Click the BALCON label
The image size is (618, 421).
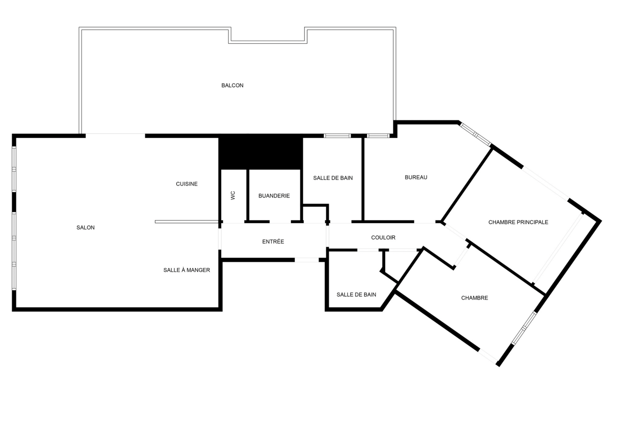pos(232,86)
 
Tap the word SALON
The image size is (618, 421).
pos(86,228)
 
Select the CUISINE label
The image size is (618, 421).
pos(187,184)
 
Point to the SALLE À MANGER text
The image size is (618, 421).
pos(187,270)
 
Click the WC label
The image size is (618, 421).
pos(233,196)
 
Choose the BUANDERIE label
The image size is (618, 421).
pos(274,196)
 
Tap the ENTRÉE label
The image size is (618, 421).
pos(273,242)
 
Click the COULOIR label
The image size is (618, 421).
pos(383,238)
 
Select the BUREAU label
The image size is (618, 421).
pos(416,177)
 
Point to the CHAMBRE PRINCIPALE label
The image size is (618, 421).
pos(518,222)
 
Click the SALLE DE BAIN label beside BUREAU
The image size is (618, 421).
pos(333,178)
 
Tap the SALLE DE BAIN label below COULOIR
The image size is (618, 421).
pos(356,295)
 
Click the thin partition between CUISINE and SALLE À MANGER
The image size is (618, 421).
pos(187,222)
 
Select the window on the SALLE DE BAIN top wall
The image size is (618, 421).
pos(337,136)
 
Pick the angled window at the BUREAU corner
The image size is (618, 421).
pos(475,134)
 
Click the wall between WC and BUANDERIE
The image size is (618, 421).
pos(248,195)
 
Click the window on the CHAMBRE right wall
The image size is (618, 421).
pos(524,328)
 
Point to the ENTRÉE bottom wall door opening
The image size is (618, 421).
pos(307,260)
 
